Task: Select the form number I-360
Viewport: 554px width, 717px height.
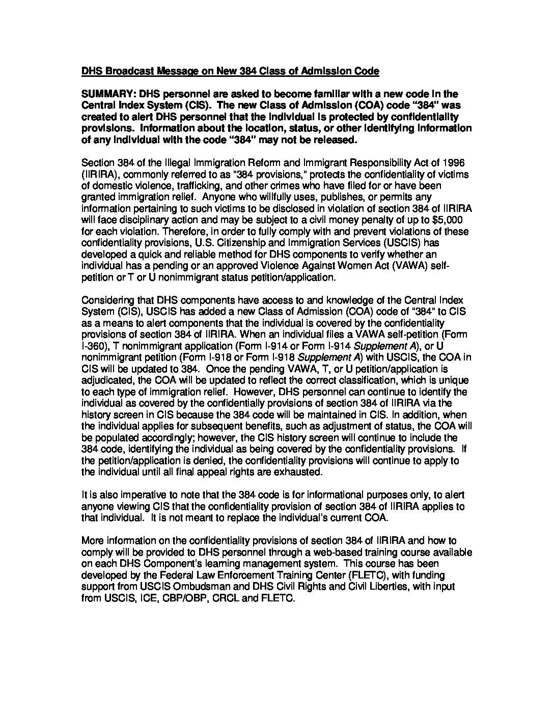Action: tap(92, 346)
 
